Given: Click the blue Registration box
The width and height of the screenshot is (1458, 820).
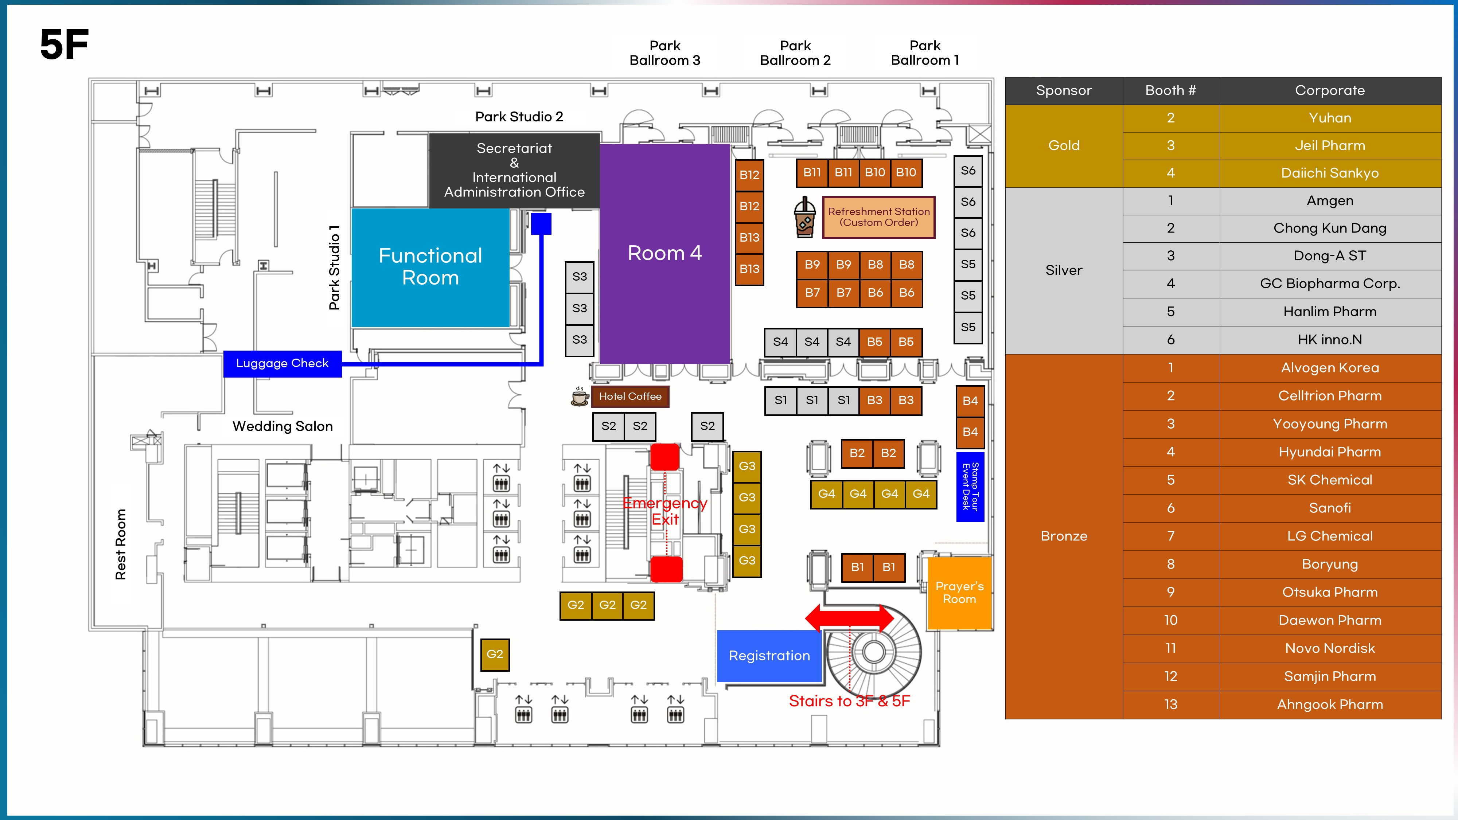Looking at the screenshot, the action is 769,656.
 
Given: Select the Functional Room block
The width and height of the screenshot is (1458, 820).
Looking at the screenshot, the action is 430,267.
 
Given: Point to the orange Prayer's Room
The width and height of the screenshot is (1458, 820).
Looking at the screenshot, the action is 959,593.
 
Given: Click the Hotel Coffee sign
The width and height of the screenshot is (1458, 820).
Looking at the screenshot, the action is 630,396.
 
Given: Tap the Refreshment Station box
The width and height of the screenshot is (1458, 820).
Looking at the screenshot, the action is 878,217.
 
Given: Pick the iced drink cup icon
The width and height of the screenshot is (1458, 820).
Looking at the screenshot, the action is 805,217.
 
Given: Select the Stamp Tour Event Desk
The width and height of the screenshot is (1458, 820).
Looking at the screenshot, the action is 970,487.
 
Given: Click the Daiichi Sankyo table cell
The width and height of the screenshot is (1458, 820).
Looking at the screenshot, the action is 1330,173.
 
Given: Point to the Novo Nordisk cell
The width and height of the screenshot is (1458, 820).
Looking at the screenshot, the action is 1330,649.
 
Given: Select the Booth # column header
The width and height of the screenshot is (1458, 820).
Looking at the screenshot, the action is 1170,90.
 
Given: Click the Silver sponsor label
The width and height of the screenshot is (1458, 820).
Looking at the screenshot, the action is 1064,270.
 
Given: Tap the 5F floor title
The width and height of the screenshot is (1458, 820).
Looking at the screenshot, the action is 65,45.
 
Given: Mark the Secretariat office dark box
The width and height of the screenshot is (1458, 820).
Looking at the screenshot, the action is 514,170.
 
